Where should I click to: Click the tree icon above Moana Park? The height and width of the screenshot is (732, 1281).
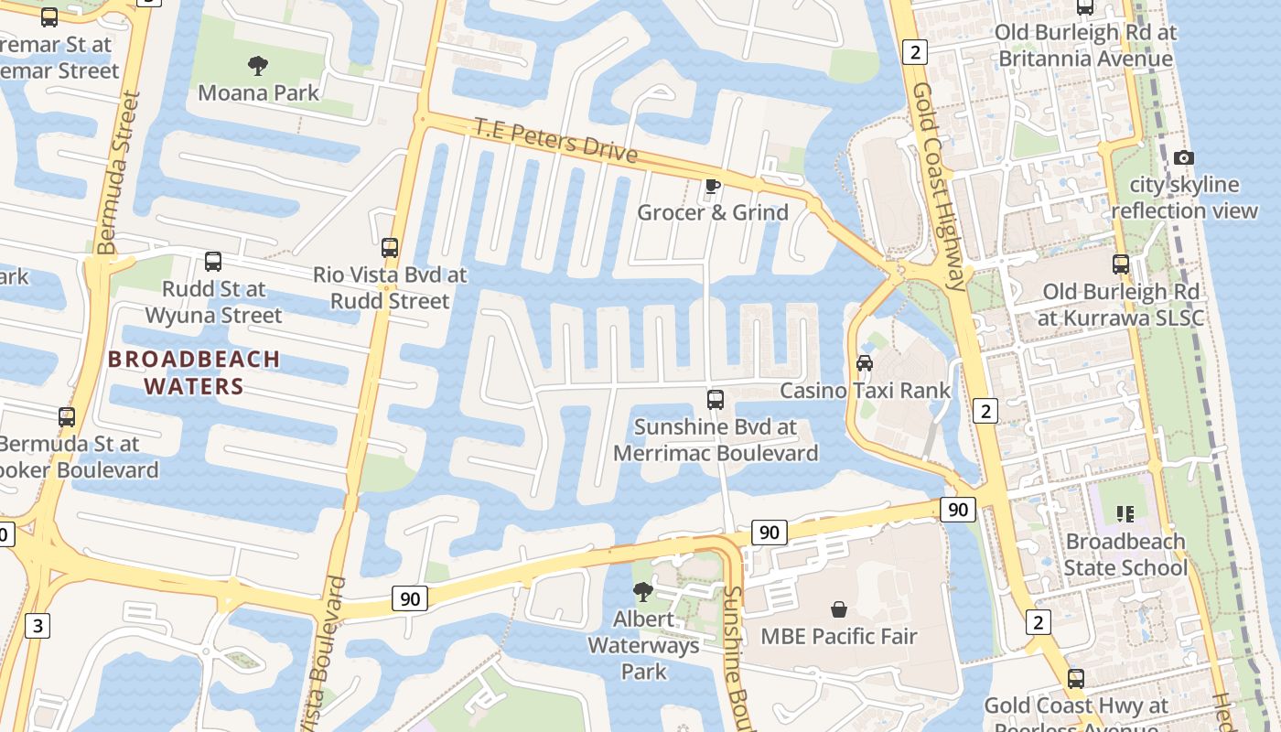point(258,65)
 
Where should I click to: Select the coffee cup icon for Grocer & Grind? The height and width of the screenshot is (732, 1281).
point(713,187)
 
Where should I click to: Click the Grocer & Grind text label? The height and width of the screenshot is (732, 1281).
point(713,213)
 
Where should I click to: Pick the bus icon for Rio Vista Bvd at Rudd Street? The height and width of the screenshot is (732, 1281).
point(390,247)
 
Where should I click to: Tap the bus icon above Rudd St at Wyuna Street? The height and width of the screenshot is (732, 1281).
point(213,262)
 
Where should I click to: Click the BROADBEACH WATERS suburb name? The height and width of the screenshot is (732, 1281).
point(194,372)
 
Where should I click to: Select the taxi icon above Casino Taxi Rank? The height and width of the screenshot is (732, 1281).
point(865,363)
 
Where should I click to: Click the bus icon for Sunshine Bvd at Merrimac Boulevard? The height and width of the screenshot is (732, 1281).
point(716,400)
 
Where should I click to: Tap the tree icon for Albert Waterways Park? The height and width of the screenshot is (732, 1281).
point(643,592)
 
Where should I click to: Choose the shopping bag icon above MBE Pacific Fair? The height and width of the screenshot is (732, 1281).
point(838,609)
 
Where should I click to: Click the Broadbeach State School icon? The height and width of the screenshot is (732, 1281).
point(1125,514)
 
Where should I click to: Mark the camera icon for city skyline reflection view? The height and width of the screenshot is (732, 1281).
point(1184,157)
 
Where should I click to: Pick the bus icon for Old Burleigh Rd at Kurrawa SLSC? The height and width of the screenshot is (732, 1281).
point(1121,264)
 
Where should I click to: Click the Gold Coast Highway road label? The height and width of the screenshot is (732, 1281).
point(939,188)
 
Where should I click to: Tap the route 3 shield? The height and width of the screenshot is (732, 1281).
point(37,627)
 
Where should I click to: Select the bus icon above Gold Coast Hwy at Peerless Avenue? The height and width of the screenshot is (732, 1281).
point(1076,679)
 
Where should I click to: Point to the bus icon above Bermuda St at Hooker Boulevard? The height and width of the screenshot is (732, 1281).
point(67,417)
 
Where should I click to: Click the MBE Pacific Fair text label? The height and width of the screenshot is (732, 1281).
point(839,637)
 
